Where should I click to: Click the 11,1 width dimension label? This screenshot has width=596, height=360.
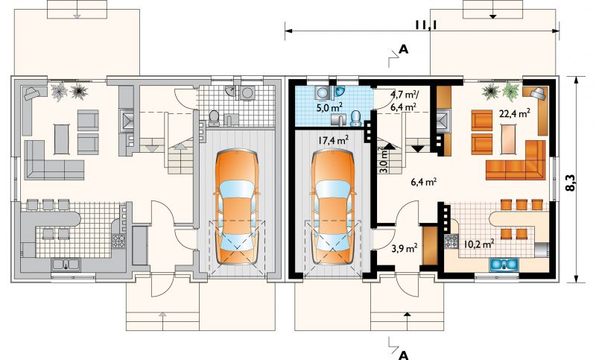click(425, 25)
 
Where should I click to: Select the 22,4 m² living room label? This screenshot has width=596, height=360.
click(515, 113)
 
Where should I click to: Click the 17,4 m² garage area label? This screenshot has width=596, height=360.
click(334, 140)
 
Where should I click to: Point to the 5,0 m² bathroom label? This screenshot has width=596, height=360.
click(330, 107)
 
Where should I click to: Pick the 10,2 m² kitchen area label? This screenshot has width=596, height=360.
click(478, 244)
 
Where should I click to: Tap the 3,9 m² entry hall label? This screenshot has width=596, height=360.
click(405, 249)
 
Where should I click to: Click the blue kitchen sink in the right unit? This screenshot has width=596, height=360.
click(504, 264)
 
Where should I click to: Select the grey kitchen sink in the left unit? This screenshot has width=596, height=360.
click(66, 265)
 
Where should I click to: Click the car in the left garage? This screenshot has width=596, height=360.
click(237, 207)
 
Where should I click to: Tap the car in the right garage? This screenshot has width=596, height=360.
click(333, 207)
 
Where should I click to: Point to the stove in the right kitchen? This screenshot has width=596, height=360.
click(452, 241)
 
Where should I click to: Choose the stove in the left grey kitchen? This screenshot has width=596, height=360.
click(118, 241)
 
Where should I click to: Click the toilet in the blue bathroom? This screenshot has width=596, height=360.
click(356, 119)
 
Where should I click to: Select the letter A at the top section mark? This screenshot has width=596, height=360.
click(403, 49)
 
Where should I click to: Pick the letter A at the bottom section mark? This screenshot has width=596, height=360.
click(403, 355)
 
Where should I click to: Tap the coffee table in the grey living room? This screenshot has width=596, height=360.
click(62, 139)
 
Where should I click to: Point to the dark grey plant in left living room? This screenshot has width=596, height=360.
click(79, 91)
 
